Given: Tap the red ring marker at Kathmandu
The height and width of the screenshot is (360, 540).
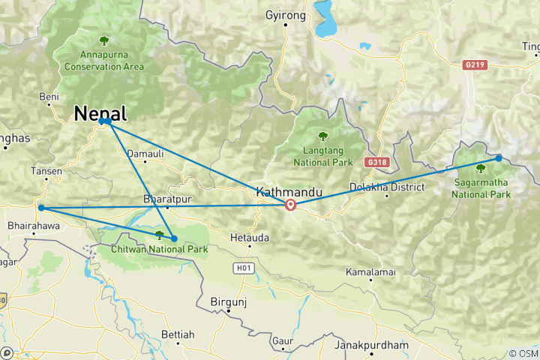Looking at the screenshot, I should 290,205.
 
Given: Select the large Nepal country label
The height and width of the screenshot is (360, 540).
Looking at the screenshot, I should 100,113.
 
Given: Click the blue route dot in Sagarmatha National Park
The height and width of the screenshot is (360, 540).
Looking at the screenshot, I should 499,158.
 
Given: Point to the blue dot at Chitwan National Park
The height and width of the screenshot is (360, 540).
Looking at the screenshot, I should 174,238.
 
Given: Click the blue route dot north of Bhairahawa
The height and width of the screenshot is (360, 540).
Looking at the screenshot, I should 41,208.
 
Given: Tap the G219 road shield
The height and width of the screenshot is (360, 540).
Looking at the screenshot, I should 475,65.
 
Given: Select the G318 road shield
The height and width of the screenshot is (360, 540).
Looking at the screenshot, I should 376,161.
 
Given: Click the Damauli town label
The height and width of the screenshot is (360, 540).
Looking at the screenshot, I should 144,154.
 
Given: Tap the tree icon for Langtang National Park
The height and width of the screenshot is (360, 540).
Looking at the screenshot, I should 323,136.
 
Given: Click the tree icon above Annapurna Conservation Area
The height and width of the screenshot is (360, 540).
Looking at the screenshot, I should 104,40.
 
